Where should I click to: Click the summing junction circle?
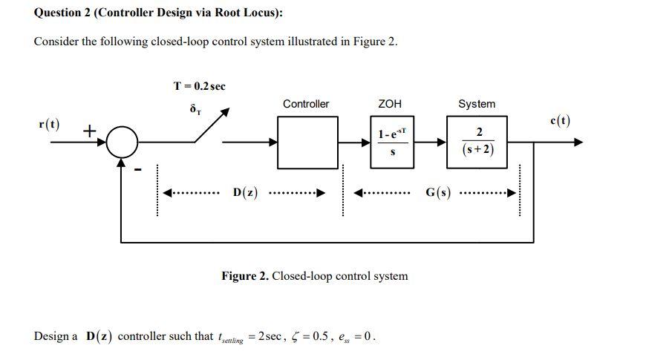[122, 143]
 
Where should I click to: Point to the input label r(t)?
[49, 123]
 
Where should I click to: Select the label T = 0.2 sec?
[199, 86]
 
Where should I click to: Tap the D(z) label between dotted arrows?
[245, 193]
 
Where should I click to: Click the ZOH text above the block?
[391, 104]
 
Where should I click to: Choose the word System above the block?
[477, 104]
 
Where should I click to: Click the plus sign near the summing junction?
[89, 131]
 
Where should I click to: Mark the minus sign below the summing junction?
[137, 169]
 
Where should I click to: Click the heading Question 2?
[158, 13]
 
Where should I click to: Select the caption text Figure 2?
[314, 276]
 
